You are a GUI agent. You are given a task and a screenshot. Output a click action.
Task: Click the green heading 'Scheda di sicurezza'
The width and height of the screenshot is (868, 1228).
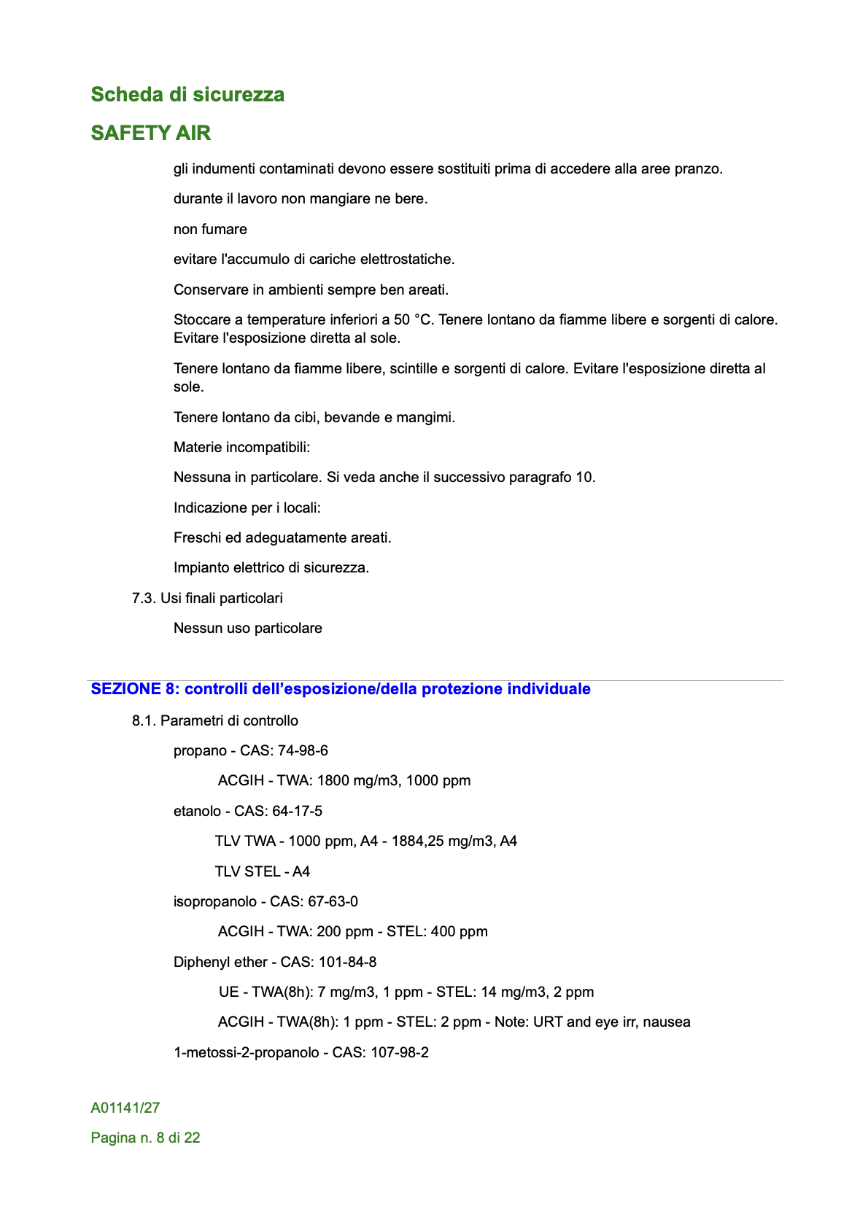[187, 95]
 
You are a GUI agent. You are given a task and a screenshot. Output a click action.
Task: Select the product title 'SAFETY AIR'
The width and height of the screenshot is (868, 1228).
[151, 133]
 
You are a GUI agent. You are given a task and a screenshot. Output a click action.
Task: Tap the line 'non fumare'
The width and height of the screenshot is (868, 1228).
[210, 230]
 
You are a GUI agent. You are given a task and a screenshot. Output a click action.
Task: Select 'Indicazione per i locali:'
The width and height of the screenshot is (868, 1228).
[247, 508]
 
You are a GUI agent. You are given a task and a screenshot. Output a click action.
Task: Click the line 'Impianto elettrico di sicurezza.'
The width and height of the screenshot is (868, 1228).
[271, 568]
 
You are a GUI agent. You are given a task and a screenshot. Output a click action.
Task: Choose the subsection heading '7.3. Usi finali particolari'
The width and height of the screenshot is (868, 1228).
[207, 599]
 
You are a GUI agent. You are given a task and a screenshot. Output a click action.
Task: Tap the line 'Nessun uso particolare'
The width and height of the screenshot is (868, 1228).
[247, 629]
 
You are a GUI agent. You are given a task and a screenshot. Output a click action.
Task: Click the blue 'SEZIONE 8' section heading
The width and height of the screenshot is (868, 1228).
[341, 689]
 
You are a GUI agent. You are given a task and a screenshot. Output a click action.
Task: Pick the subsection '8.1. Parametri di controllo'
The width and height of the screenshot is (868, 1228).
[214, 721]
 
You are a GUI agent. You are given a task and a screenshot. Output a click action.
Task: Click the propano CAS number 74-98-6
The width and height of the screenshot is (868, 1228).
[303, 751]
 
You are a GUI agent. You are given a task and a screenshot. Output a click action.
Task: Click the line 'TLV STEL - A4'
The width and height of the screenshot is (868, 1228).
[262, 872]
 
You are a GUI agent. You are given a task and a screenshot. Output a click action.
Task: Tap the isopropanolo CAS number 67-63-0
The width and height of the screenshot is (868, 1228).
[333, 902]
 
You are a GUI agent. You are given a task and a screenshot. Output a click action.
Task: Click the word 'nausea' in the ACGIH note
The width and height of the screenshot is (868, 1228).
[667, 1022]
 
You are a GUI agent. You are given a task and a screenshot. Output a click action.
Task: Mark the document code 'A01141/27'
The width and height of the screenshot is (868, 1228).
[125, 1108]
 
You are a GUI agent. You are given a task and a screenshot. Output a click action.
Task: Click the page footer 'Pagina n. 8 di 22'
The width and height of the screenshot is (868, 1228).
[145, 1138]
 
